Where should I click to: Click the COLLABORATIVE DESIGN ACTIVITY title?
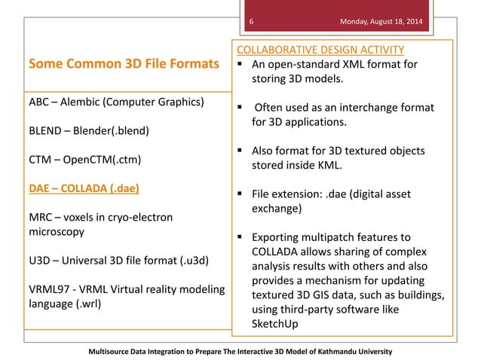[x=320, y=50]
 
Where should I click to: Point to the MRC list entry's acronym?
[x=41, y=217]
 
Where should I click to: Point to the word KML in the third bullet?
[x=334, y=164]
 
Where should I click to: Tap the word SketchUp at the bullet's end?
[x=277, y=322]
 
